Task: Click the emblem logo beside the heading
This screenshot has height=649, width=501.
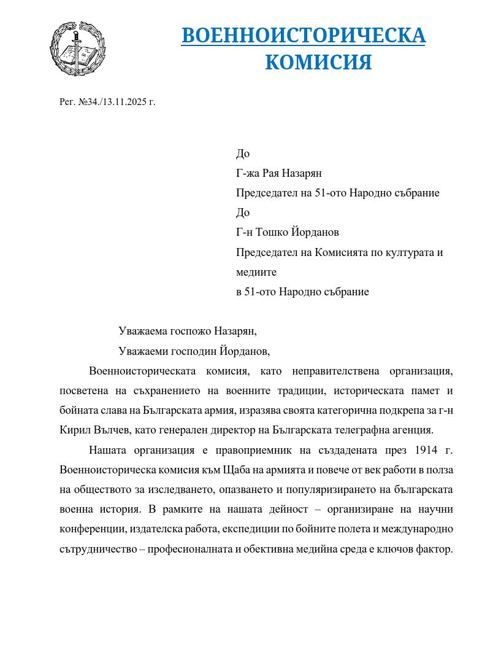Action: pos(74,49)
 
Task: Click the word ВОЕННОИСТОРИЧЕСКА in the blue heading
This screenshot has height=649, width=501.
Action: pos(304,36)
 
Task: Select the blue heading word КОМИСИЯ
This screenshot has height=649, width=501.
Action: pos(318,62)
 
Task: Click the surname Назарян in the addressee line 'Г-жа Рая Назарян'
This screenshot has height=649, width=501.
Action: pos(300,173)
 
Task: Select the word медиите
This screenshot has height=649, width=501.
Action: pos(256,271)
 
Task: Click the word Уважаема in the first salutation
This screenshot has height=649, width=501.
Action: pos(142,331)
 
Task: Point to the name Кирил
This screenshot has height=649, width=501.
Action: pos(74,430)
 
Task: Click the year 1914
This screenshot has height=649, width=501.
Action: pos(427,450)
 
